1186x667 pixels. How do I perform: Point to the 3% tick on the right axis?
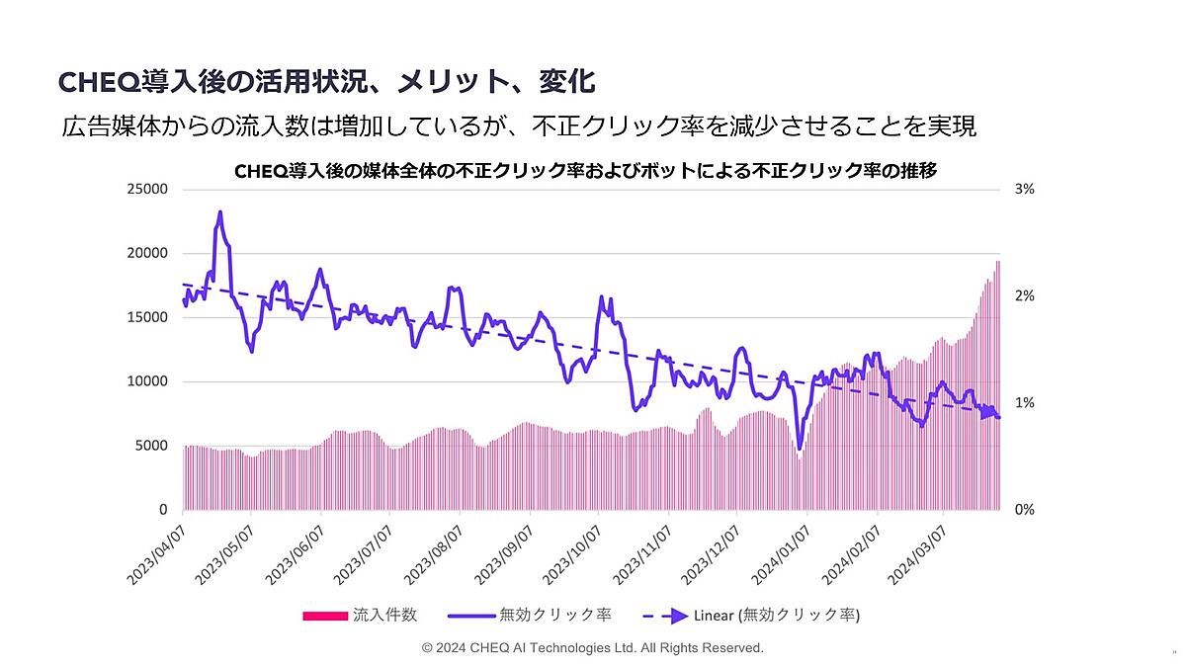pyautogui.click(x=1024, y=189)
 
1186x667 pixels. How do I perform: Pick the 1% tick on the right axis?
pyautogui.click(x=1024, y=403)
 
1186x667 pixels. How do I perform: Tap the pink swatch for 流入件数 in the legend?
pyautogui.click(x=325, y=616)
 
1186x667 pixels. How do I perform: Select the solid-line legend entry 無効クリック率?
pyautogui.click(x=530, y=616)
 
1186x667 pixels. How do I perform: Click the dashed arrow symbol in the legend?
pyautogui.click(x=660, y=616)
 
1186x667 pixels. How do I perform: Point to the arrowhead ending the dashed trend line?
pyautogui.click(x=988, y=413)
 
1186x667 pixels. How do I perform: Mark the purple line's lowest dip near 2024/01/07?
pyautogui.click(x=799, y=449)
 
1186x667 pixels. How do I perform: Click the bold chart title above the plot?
pyautogui.click(x=585, y=171)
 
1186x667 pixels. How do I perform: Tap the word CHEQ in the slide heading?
pyautogui.click(x=95, y=80)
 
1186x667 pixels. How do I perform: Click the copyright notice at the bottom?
pyautogui.click(x=592, y=648)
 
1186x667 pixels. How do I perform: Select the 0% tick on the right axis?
pyautogui.click(x=1024, y=510)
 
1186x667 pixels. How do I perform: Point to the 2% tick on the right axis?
pyautogui.click(x=1024, y=295)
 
